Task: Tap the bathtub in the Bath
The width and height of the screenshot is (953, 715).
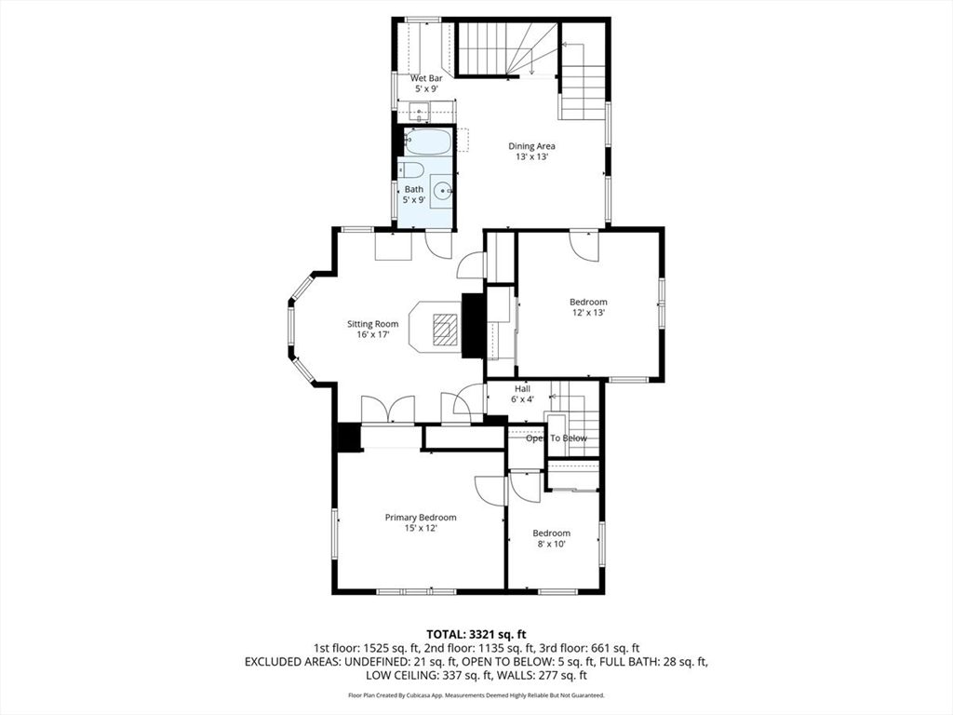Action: point(427,142)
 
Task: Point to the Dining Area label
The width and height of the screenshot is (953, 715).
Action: point(531,146)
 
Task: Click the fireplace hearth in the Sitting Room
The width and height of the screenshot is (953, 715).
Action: point(446,328)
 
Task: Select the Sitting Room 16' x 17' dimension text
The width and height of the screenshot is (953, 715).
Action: point(372,335)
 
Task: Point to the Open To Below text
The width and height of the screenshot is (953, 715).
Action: point(556,438)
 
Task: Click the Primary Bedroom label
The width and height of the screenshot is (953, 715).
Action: point(421,518)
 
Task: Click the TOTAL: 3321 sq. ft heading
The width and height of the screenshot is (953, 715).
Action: point(476,633)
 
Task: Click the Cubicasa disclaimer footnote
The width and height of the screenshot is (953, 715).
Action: point(476,695)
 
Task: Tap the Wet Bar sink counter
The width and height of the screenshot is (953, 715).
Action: point(423,113)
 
